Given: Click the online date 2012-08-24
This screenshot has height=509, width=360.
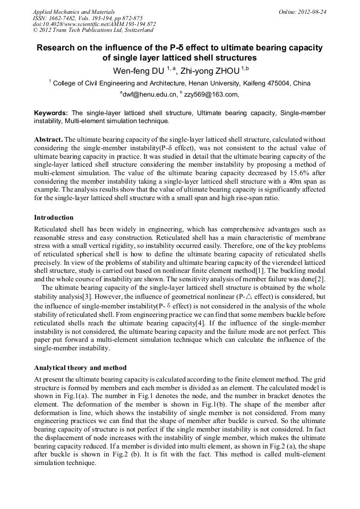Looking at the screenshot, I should [312, 11].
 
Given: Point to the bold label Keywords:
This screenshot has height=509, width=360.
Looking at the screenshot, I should [51, 113].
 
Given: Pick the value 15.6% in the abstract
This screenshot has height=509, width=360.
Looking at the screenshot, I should [280, 172].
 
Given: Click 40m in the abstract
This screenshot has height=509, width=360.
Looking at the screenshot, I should [295, 180].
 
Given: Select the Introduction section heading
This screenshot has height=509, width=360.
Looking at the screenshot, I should [54, 218].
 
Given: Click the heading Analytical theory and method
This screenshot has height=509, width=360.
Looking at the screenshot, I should [80, 368].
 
